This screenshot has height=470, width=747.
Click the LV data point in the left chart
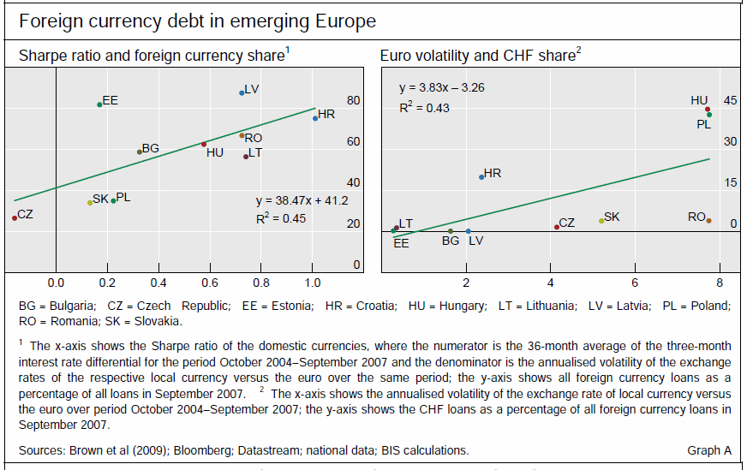[242, 92]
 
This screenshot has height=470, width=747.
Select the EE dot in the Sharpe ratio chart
[99, 104]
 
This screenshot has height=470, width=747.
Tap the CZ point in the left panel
[15, 217]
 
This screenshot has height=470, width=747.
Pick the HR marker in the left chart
[315, 118]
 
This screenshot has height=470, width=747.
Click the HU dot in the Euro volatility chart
[708, 110]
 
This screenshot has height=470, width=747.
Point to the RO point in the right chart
[708, 221]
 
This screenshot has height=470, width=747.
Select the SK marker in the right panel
[601, 221]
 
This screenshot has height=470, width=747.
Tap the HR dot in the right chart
[481, 176]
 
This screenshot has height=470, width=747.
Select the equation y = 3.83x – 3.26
[442, 87]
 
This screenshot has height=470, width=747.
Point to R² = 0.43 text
[424, 108]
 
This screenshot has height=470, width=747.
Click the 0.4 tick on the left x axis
[158, 282]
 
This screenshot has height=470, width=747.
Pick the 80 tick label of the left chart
[353, 100]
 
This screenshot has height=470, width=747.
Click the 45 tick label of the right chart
[730, 100]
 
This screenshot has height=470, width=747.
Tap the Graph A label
[708, 450]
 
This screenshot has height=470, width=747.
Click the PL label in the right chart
[703, 124]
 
